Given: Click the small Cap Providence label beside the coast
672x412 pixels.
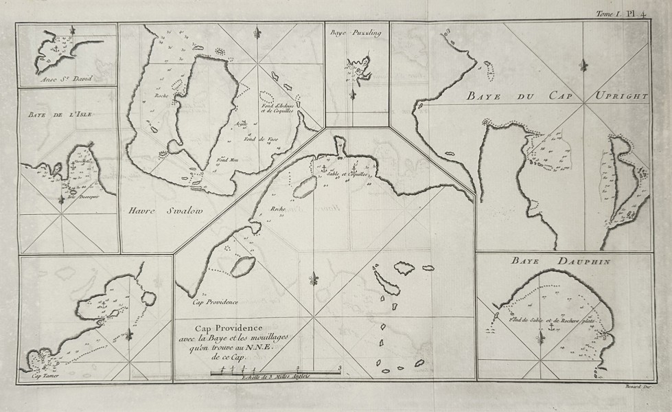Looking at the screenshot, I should click(214, 301).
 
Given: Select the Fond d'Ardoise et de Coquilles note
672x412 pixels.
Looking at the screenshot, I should click(277, 108).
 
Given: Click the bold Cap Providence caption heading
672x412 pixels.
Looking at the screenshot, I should click(233, 327).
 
